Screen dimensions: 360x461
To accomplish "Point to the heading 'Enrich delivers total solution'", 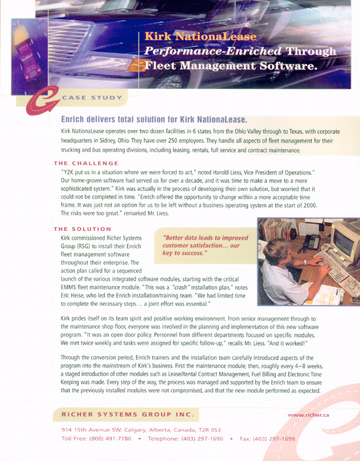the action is click(151, 119).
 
